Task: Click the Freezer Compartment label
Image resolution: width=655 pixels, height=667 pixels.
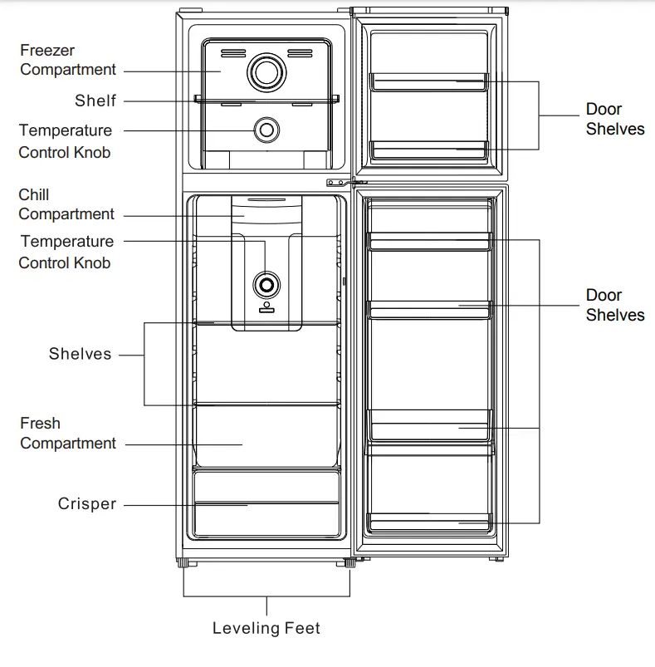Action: [x=68, y=61]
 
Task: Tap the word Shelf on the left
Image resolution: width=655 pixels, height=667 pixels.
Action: [x=95, y=101]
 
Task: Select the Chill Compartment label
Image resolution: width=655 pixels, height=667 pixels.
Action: [x=66, y=204]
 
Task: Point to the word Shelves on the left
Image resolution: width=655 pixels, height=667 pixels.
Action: [x=80, y=354]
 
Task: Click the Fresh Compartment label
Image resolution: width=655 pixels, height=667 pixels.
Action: [x=68, y=434]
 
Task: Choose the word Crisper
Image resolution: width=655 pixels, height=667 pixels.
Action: [x=87, y=504]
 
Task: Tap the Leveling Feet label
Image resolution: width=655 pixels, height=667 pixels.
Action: [x=266, y=628]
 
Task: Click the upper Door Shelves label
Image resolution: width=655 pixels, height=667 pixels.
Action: [x=614, y=119]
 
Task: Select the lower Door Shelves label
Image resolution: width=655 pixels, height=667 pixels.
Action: [x=614, y=305]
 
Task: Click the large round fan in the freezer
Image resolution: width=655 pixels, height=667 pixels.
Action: [x=266, y=72]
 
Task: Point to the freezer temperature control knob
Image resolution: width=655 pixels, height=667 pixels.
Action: [x=266, y=130]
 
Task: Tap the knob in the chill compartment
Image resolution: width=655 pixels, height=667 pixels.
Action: [x=266, y=286]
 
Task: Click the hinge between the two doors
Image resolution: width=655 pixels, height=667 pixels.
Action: [x=336, y=182]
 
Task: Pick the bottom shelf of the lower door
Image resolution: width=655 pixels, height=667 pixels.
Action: [x=429, y=522]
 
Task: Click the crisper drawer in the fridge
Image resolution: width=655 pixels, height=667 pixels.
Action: [x=266, y=503]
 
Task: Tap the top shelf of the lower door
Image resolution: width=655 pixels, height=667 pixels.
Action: [x=429, y=240]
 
